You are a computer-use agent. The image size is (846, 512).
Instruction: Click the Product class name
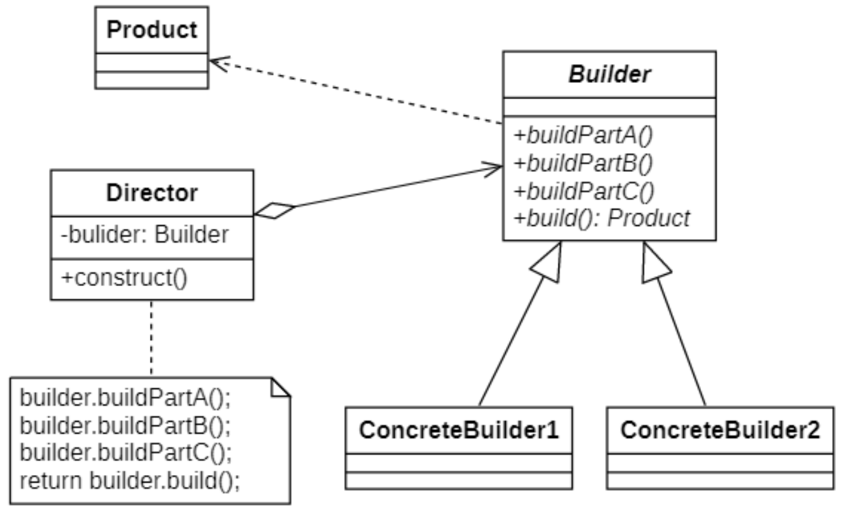point(152,30)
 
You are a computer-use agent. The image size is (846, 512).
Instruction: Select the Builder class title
point(609,75)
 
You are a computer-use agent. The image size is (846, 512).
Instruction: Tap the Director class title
point(152,193)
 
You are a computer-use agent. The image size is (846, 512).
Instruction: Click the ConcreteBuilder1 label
point(459,431)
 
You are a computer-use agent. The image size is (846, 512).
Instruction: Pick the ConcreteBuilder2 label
point(720,431)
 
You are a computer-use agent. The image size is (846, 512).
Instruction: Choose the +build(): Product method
point(602,218)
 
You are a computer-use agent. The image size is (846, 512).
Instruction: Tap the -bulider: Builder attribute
point(144,235)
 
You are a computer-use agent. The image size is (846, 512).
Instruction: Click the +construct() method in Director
point(124,277)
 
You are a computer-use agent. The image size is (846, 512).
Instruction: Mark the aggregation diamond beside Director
point(275,211)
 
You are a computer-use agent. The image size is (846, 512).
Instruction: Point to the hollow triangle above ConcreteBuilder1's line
point(546,264)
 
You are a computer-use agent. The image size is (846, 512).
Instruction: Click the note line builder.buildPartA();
point(126,398)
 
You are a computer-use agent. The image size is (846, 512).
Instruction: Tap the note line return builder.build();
point(130,481)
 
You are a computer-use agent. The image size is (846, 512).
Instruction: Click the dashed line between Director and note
point(151,339)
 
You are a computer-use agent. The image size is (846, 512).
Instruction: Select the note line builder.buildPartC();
point(126,454)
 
